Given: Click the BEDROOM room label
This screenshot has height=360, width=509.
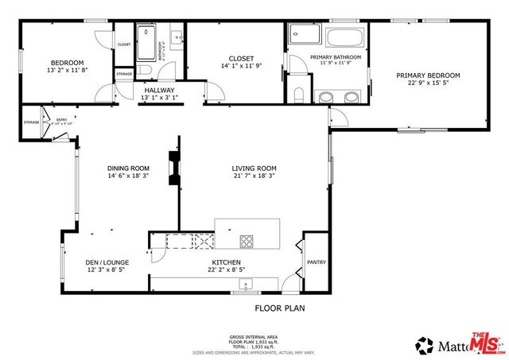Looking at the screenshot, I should coord(67,63).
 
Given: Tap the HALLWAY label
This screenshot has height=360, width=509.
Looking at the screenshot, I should coord(159,91).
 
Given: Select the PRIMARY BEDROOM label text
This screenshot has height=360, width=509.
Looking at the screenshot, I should coord(428,75).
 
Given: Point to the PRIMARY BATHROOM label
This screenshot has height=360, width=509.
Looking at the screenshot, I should coord(336,57).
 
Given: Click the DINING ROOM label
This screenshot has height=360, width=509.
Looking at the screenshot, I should coord(129,168).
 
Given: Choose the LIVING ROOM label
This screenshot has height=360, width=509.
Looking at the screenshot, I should coord(254,168).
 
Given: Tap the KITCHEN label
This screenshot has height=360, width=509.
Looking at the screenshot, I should coord(226,262).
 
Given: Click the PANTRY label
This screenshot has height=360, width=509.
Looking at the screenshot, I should coord(316,261).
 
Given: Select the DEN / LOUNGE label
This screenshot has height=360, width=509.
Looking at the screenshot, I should coord(107,262).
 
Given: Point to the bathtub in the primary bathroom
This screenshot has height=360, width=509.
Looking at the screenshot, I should coord(344,36).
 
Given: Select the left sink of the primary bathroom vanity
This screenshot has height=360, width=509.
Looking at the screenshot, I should coord(324,97).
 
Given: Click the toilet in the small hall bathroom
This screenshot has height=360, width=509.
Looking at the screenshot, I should coord(177,37).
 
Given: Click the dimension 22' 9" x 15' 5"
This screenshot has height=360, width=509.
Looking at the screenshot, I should coord(428,83).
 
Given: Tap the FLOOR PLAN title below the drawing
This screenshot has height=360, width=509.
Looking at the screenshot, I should coord(279,308).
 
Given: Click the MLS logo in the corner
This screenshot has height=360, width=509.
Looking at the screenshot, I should coord(486,343).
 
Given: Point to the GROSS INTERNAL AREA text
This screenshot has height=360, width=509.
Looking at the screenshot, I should coord(254,337).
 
